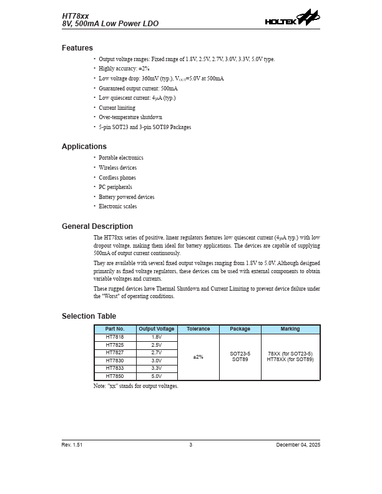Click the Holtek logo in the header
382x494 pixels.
coord(292,18)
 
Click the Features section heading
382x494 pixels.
coord(77,48)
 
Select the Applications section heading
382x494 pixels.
coord(84,147)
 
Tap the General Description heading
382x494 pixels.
coord(97,226)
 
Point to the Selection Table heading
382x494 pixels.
coord(89,316)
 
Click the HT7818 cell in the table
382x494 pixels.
coord(115,337)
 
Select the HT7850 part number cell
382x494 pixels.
coord(115,376)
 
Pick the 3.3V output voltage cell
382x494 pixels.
coord(157,368)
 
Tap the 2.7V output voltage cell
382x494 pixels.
coord(157,352)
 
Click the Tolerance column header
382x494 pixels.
coord(198,329)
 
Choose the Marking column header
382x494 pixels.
coord(290,329)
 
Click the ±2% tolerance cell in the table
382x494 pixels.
coord(198,357)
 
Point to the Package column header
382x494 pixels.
coord(240,329)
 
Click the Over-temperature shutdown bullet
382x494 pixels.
coord(130,117)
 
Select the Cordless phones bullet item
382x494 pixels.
coord(117,178)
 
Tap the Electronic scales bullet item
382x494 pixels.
coord(118,206)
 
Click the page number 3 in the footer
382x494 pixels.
coord(191,445)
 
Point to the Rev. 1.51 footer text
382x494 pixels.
coord(72,445)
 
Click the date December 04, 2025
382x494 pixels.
coord(298,445)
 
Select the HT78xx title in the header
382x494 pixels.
coord(76,14)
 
